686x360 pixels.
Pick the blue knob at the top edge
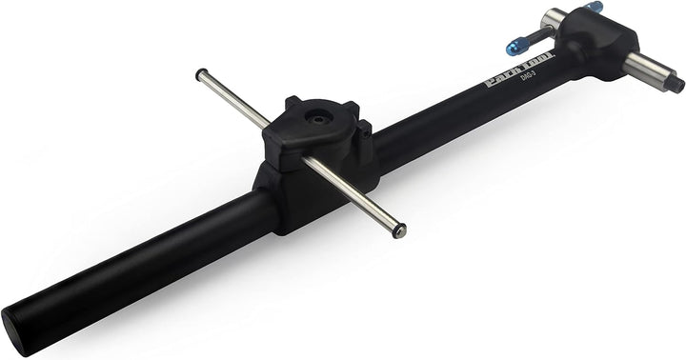click(595, 7)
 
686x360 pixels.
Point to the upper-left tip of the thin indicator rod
click(200, 73)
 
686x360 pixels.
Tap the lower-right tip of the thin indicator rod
click(400, 230)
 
